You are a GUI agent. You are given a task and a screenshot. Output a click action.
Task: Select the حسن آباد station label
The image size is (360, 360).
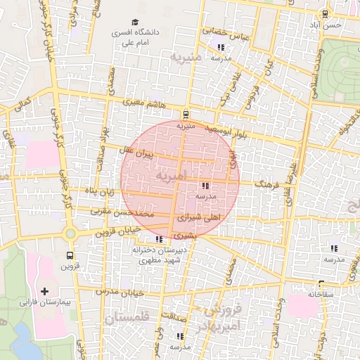tap(328, 25)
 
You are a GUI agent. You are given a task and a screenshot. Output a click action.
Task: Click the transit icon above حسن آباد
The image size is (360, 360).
tap(325, 14)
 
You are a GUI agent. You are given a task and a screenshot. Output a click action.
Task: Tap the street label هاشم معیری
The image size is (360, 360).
tap(146, 103)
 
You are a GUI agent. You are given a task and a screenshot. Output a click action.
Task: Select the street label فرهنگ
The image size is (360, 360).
tap(269, 182)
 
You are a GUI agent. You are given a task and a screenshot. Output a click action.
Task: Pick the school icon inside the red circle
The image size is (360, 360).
tap(205, 186)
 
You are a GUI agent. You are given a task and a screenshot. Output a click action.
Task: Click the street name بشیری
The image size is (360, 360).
tap(181, 235)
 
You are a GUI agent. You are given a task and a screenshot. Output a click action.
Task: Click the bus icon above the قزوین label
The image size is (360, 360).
tap(69, 255)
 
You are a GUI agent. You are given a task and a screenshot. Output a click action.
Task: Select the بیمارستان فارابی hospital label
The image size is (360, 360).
tap(44, 302)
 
